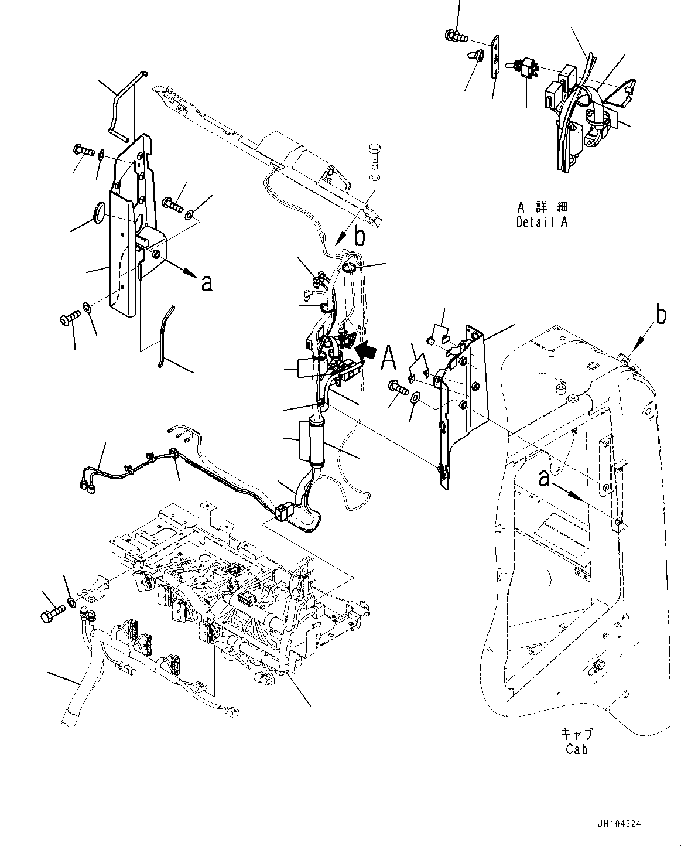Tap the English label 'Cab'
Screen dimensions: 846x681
[x=577, y=749]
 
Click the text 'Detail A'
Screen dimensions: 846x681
[x=542, y=222]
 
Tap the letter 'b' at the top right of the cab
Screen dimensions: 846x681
[x=661, y=316]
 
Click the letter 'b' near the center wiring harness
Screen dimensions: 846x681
[x=360, y=237]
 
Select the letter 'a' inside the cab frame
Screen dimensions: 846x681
[x=545, y=479]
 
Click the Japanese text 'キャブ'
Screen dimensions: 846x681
[x=576, y=735]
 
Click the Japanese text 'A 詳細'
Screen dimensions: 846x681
[x=543, y=207]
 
